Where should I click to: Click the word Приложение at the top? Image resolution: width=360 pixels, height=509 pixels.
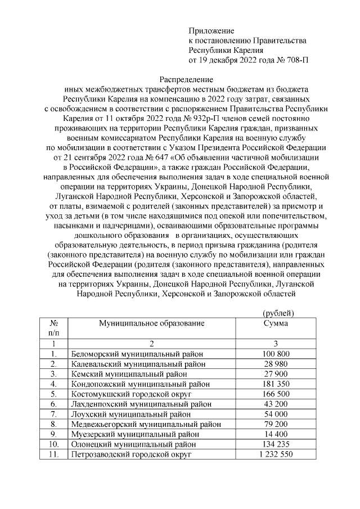(211, 30)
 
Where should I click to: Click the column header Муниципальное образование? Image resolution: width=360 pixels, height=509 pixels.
(152, 323)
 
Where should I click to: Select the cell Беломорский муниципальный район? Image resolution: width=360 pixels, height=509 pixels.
(137, 354)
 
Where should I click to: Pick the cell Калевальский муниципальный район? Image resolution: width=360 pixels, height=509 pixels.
(138, 364)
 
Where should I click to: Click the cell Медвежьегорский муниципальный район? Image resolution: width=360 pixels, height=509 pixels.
(146, 424)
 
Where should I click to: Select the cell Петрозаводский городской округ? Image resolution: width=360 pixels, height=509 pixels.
(132, 454)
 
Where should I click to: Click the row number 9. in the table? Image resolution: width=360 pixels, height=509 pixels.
(55, 434)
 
